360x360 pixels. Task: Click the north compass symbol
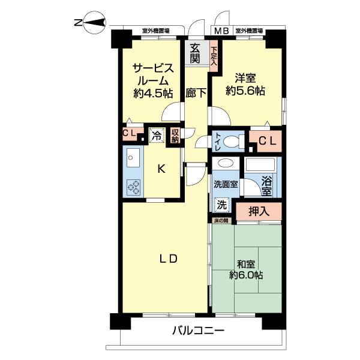(x=94, y=22)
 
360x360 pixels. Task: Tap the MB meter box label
(x=221, y=31)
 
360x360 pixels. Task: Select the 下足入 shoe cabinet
(x=214, y=56)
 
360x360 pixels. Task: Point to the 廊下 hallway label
(x=196, y=93)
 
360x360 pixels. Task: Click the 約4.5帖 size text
(x=153, y=94)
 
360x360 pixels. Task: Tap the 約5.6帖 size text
(x=245, y=91)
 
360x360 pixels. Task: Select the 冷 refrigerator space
(x=157, y=136)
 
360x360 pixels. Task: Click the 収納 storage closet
(x=175, y=136)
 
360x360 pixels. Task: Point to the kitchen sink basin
(x=133, y=158)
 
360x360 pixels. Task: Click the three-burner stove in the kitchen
(x=133, y=187)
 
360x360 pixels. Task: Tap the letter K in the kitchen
(x=161, y=169)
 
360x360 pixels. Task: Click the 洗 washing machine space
(x=222, y=205)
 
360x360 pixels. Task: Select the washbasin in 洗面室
(x=226, y=163)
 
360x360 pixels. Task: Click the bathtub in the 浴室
(x=260, y=164)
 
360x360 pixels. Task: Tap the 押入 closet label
(x=259, y=211)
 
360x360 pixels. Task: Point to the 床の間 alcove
(x=221, y=221)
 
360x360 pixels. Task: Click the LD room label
(x=169, y=259)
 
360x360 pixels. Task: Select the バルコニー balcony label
(x=198, y=331)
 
